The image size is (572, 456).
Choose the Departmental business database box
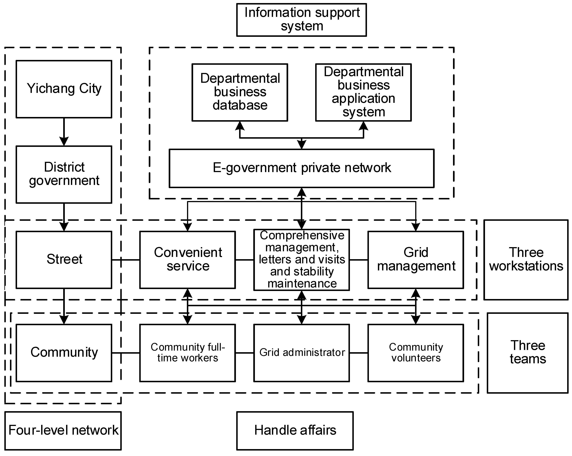(240, 92)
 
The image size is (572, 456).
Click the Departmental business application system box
(363, 92)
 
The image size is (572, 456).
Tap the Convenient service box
(187, 260)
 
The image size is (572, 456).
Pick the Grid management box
(416, 260)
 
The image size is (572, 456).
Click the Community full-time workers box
(187, 353)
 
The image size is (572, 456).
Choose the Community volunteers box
(416, 353)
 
